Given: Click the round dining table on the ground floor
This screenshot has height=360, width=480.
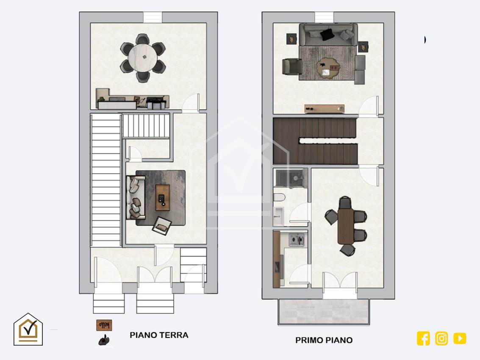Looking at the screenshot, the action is click(x=143, y=58).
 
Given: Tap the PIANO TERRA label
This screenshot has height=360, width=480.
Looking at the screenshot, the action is click(x=159, y=335).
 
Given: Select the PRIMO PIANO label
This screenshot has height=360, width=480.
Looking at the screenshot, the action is click(x=324, y=340).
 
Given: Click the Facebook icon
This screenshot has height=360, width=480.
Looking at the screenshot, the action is click(x=423, y=338).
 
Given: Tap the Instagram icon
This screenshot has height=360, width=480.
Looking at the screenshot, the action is click(x=441, y=338).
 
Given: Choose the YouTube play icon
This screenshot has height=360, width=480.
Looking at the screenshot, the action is click(x=460, y=338).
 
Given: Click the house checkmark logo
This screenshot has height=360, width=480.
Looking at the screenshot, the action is click(x=28, y=330).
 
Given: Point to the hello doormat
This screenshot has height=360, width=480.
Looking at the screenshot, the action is click(x=104, y=325).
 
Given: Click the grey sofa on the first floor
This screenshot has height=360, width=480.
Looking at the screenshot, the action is click(x=328, y=34).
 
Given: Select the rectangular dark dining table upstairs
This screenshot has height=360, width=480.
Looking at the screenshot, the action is click(x=346, y=226).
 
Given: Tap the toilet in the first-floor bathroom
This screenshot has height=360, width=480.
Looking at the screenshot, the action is click(x=279, y=197).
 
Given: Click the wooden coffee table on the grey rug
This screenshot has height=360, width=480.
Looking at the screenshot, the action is click(x=163, y=197).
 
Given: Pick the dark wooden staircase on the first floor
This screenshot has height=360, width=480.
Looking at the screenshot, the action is click(x=315, y=141).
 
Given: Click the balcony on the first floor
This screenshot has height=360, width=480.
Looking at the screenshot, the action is click(x=324, y=312).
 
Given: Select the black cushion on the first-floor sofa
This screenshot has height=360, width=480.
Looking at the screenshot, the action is click(x=327, y=34).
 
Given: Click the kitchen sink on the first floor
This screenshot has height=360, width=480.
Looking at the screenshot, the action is click(x=296, y=239).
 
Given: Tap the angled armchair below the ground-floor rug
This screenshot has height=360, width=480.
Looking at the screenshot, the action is click(x=162, y=226).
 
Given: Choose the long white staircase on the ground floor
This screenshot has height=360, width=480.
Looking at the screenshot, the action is click(x=106, y=180).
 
